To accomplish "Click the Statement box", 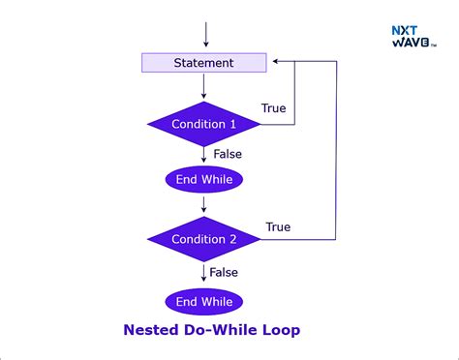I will pos(203,63).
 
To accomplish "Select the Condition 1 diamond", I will pos(203,124).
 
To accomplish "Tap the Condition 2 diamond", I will pos(203,239).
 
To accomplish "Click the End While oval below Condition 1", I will pos(203,179).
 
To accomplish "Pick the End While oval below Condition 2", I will pos(203,301).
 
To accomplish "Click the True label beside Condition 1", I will pos(274,108).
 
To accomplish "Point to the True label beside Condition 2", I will pos(278,227).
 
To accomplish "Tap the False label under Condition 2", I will pos(224,273).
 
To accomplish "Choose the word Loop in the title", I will pos(280,330).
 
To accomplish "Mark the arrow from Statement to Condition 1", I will pos(204,87).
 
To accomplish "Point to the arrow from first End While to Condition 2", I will pos(204,204).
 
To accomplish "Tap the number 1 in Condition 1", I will pos(232,124).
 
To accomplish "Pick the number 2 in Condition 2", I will pos(232,239).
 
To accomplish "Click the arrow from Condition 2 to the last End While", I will pos(204,273).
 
